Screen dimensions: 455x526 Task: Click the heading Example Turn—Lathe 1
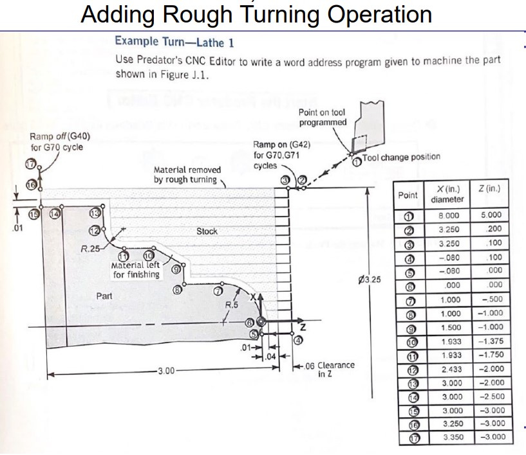click(x=174, y=42)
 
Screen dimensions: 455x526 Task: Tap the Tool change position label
click(x=401, y=157)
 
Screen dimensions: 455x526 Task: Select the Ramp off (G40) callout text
click(x=60, y=142)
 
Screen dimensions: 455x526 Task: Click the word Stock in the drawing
click(x=207, y=231)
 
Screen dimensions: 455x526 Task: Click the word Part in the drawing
click(x=104, y=296)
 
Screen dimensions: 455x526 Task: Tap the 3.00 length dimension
click(x=168, y=371)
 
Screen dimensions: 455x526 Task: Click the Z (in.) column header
click(x=491, y=189)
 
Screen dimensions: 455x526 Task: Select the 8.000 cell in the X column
click(x=449, y=216)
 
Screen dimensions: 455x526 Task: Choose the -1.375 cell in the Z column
click(x=491, y=341)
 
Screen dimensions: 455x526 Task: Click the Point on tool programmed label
click(x=323, y=117)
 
